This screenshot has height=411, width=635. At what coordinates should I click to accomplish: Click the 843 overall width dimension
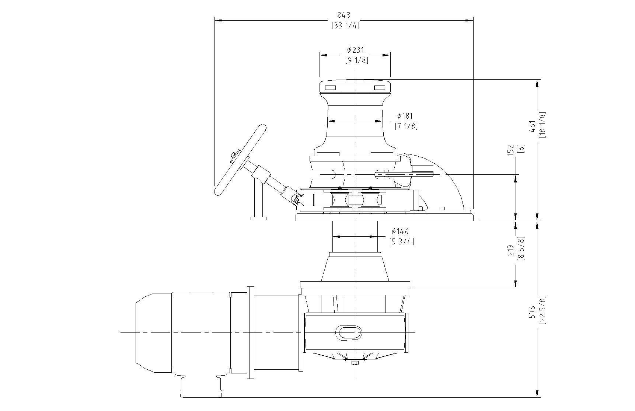(x=343, y=15)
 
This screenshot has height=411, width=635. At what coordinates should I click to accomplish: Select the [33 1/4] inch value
(x=345, y=25)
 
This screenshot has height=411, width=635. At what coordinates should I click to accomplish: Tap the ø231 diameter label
(x=355, y=50)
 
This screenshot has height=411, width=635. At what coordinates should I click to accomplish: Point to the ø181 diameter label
(x=405, y=116)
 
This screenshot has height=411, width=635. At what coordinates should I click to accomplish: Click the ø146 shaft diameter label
(x=400, y=231)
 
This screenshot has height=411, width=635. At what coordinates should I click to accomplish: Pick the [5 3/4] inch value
(x=402, y=242)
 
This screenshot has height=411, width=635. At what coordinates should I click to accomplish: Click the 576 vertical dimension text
(x=531, y=312)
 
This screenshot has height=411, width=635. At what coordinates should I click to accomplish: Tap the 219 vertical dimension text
(x=511, y=250)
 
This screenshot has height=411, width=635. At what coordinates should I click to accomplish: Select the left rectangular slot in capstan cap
(x=330, y=88)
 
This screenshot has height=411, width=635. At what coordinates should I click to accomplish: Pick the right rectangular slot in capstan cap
(x=380, y=88)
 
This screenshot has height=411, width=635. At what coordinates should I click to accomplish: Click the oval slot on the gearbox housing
(x=348, y=332)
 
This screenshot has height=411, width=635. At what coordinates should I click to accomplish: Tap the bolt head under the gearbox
(x=355, y=363)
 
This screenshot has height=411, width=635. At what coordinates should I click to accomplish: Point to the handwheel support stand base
(x=258, y=219)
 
